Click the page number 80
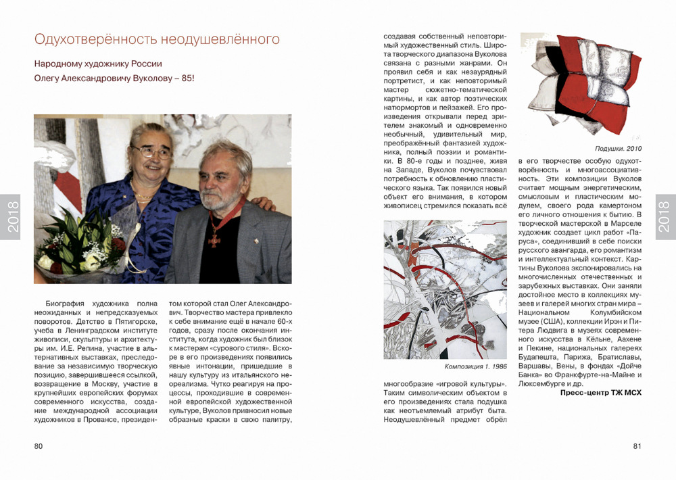[x=39, y=446]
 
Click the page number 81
[x=637, y=446]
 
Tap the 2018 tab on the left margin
[x=10, y=217]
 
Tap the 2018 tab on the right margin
[x=665, y=217]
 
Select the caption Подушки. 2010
[x=618, y=148]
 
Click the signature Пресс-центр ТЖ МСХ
[x=601, y=392]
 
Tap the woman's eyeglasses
[x=151, y=151]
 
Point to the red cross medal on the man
[x=215, y=238]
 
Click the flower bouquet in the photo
[x=74, y=247]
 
